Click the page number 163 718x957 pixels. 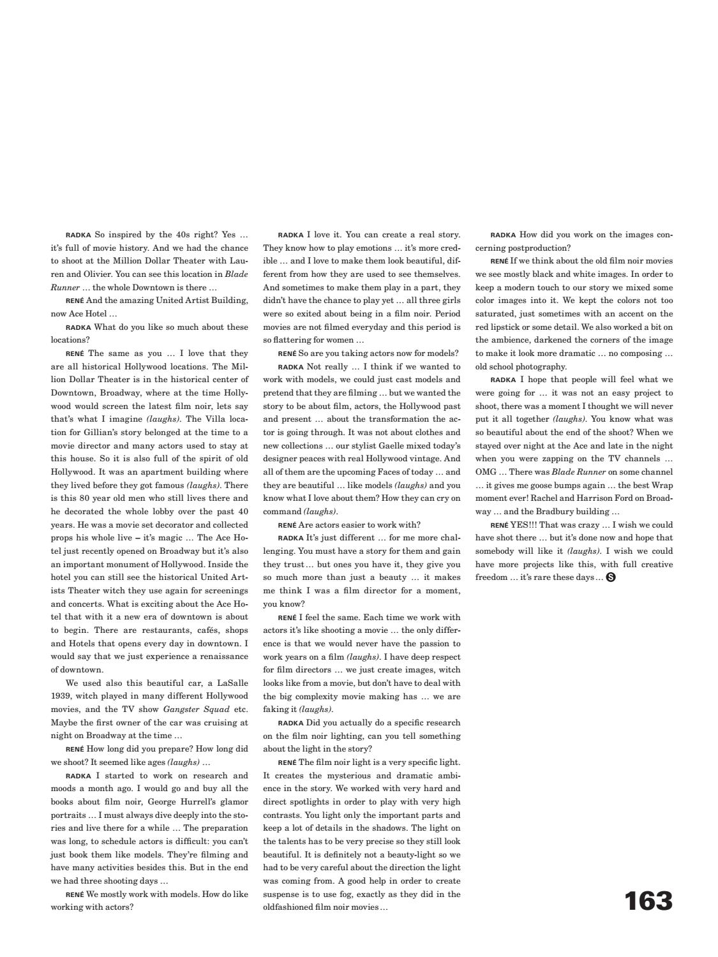648,901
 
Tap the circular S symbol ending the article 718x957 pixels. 611,577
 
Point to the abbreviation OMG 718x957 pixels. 485,472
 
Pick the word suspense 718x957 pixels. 281,894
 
